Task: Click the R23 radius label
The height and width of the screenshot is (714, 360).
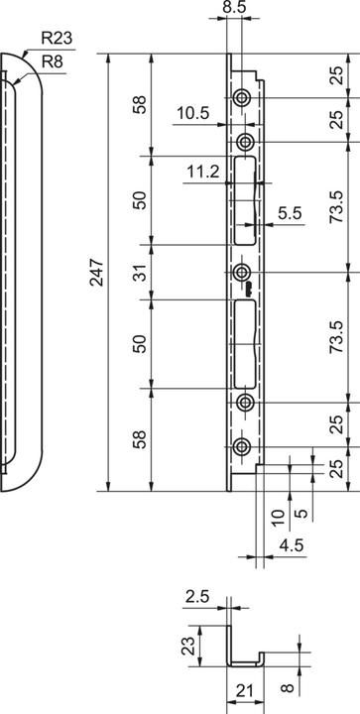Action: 57,39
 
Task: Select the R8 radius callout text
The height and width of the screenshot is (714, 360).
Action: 52,61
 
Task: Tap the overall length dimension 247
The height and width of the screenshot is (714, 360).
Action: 97,273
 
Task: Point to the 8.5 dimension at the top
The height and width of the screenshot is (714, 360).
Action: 234,7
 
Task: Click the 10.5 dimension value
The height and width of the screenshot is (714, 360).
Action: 193,112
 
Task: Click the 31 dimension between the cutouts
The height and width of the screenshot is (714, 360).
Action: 142,273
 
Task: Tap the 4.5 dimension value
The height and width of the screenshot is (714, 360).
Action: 291,545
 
